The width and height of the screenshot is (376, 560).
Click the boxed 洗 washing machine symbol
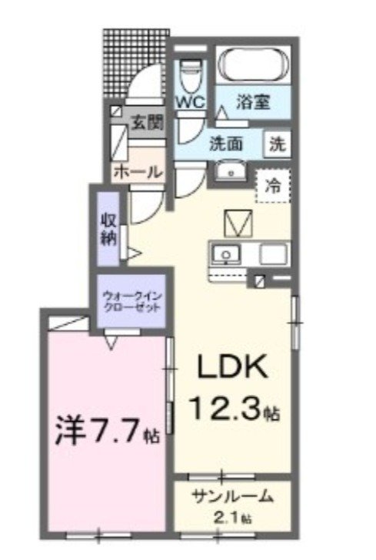tap(278, 143)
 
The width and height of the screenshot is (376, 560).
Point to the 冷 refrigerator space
tap(273, 184)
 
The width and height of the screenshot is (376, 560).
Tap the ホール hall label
tap(138, 174)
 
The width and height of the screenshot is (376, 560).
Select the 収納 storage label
tap(108, 227)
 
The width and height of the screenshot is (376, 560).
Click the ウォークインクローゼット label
tap(131, 300)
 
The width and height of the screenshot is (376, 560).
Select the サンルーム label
tap(232, 496)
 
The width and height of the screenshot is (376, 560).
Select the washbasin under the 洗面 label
tap(226, 171)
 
